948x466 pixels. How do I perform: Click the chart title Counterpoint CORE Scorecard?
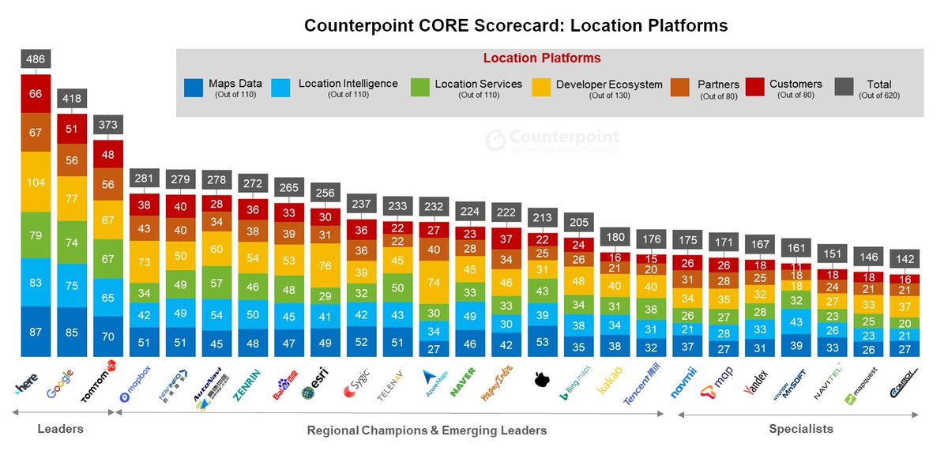tap(516, 26)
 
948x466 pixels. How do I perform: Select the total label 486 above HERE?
tap(36, 58)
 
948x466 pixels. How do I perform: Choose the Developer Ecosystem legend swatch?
tap(542, 88)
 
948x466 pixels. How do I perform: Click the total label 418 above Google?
tap(72, 99)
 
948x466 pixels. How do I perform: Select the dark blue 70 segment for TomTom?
tap(108, 336)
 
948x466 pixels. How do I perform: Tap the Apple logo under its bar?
tap(542, 381)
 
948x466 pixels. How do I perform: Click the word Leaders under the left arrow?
tap(60, 429)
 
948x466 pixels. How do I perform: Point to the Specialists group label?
tap(800, 429)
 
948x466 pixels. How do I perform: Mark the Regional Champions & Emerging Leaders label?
tap(427, 430)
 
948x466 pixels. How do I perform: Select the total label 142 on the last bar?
tap(905, 258)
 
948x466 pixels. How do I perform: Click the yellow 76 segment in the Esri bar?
tap(325, 265)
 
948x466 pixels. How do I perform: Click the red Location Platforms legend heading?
tap(542, 58)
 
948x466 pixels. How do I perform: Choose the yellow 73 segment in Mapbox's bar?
tap(145, 262)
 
